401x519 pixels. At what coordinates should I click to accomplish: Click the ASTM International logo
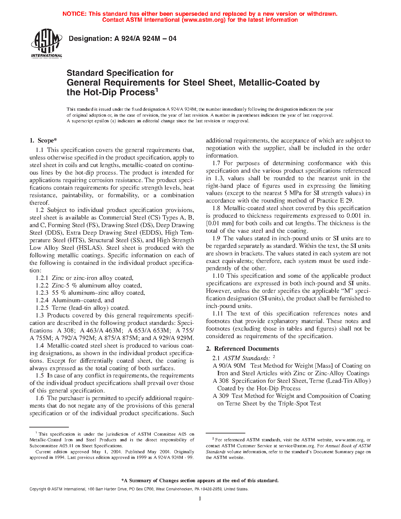coord(46,44)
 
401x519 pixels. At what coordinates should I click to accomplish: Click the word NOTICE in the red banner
coord(74,14)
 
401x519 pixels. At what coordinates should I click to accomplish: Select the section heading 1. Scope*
coord(43,141)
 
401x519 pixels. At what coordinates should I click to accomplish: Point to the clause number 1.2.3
coord(42,293)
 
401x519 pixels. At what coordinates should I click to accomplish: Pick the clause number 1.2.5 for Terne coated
coord(42,308)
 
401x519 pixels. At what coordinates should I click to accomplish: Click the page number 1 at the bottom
coord(200,498)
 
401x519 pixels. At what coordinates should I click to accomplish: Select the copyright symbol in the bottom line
coord(49,489)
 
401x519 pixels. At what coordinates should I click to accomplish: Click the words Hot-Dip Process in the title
coord(118,92)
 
